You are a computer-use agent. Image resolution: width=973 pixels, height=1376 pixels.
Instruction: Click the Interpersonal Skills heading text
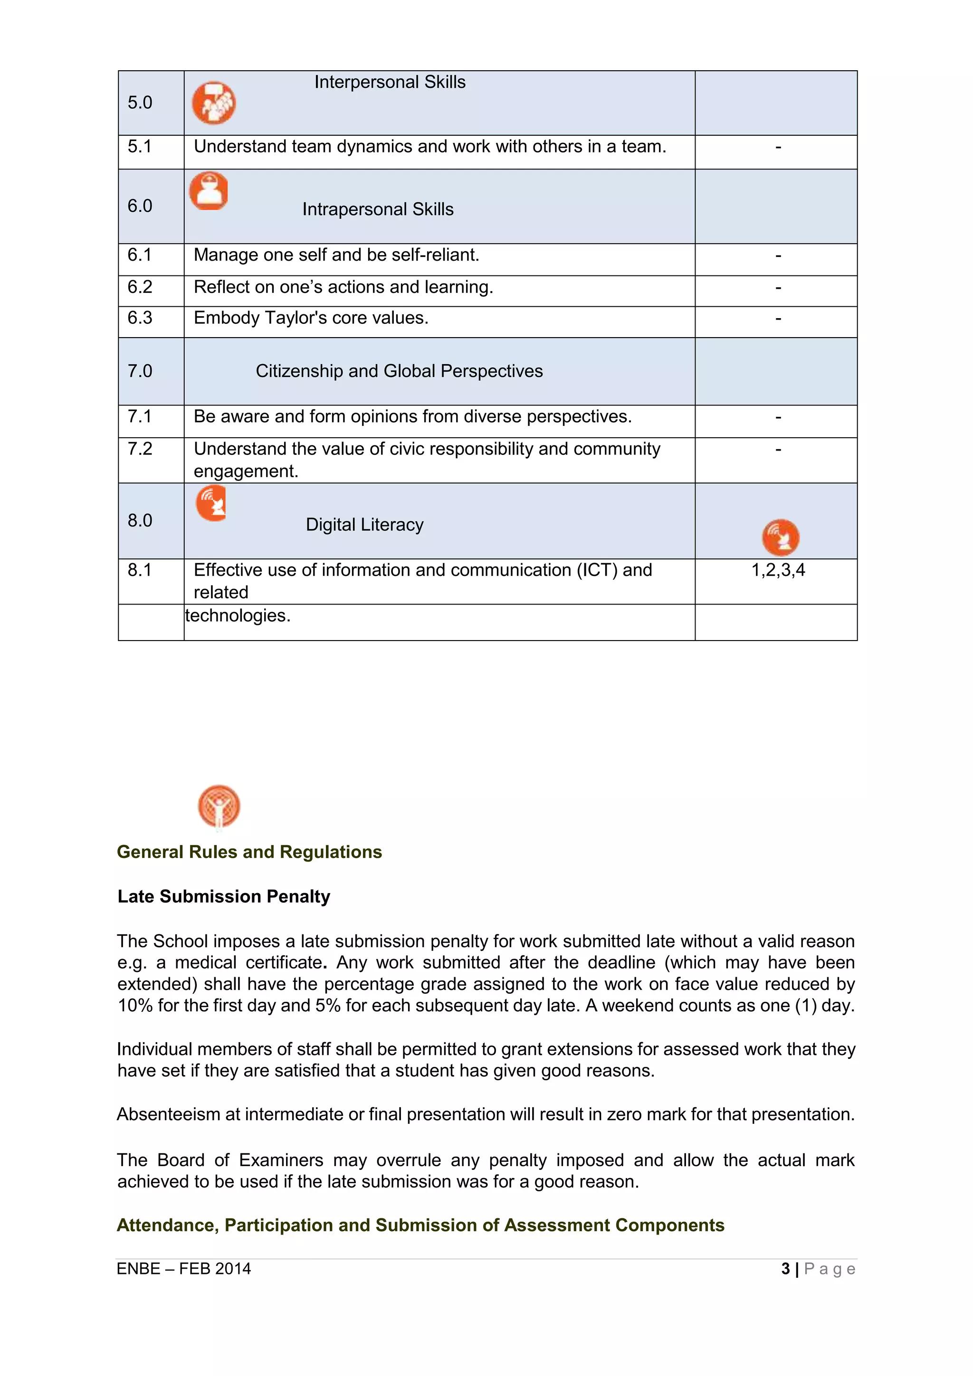coord(390,82)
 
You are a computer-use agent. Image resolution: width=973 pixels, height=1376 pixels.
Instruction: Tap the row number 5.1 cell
coord(140,147)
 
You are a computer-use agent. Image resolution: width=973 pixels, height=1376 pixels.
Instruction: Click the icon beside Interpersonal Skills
coord(213,103)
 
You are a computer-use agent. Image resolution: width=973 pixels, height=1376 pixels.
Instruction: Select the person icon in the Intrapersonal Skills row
coord(209,191)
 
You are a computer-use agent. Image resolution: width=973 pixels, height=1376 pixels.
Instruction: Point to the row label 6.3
coord(140,318)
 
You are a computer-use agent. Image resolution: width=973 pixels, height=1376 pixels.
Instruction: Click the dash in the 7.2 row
coord(778,449)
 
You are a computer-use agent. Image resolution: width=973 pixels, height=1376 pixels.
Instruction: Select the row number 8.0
coord(140,520)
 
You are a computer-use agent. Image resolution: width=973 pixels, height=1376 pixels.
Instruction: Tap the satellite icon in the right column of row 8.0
coord(780,537)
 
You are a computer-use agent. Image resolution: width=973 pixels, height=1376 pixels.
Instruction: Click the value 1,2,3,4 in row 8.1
coord(778,570)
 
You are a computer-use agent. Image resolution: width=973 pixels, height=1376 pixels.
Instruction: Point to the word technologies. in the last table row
coord(238,615)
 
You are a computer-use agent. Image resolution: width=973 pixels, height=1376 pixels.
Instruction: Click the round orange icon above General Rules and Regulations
coord(219,806)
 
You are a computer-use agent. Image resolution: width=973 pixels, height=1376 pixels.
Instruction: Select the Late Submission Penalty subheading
coord(224,896)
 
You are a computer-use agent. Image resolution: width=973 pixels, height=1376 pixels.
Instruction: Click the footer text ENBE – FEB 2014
coord(183,1268)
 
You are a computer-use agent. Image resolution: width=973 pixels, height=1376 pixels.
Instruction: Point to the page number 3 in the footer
coord(785,1268)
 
